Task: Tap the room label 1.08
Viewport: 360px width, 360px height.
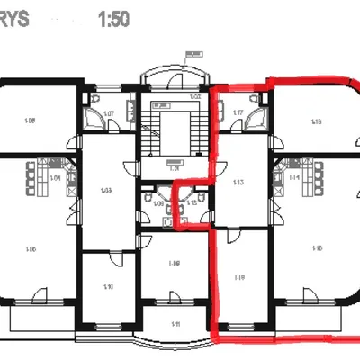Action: [30, 121]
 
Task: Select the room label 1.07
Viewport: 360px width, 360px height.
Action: [107, 113]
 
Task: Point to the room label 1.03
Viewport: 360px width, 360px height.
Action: [105, 191]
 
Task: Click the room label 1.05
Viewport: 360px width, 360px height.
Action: [31, 249]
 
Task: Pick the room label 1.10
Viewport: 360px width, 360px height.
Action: [108, 286]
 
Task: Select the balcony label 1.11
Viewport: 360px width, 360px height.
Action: [176, 323]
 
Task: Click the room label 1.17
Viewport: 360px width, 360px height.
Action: [239, 113]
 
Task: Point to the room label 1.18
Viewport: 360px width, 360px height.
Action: [316, 121]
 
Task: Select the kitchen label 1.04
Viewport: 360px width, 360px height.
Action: [55, 178]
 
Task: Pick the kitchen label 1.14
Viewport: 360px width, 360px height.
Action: [294, 178]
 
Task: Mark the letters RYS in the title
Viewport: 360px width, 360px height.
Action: [15, 19]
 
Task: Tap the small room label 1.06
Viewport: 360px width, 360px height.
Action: [158, 205]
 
